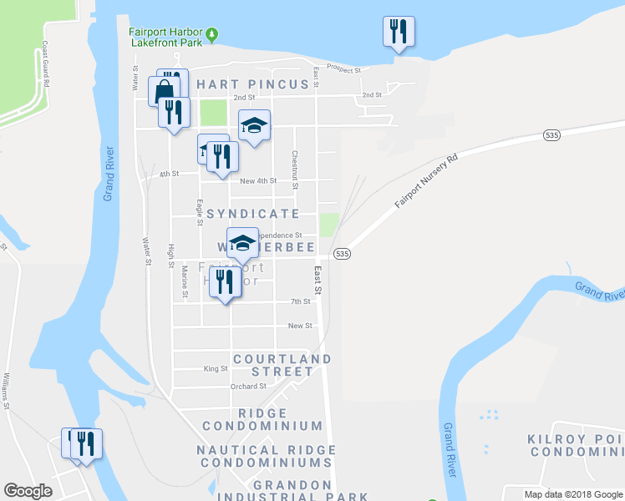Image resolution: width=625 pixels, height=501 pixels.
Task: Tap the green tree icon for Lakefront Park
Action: [213, 34]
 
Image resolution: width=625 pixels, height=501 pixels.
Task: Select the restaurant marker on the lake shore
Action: [399, 33]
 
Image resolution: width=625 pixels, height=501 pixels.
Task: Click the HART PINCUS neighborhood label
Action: [246, 84]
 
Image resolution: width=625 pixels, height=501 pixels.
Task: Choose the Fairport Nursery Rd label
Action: [428, 180]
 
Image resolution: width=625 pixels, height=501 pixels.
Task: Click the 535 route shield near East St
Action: [340, 253]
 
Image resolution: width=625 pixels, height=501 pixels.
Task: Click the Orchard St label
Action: [249, 387]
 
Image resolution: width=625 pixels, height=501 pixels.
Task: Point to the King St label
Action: [216, 368]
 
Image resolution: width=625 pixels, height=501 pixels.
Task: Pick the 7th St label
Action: [300, 301]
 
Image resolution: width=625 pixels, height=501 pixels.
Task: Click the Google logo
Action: [28, 491]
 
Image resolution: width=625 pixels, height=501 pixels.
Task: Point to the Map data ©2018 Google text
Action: [573, 493]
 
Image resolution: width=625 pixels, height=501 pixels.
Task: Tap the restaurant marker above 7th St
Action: [225, 282]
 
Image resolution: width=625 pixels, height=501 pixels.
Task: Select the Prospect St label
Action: [343, 68]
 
